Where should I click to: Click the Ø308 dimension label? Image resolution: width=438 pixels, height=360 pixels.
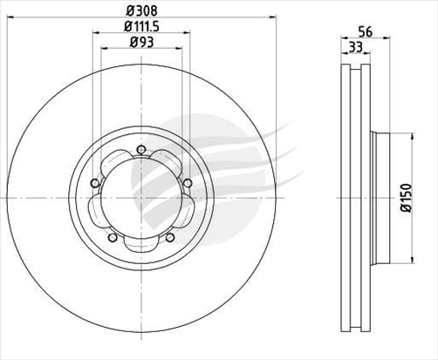tap(140, 9)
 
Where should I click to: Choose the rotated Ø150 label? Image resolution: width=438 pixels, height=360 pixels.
tap(406, 197)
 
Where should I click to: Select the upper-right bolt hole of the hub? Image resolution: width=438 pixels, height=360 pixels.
tap(187, 181)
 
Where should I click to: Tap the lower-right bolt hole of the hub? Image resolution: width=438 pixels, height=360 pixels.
tap(171, 236)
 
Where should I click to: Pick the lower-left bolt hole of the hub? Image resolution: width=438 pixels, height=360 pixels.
tap(111, 236)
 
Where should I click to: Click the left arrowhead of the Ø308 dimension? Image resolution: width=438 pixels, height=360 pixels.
tap(9, 16)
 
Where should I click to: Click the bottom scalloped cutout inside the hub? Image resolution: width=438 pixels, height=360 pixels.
tap(140, 246)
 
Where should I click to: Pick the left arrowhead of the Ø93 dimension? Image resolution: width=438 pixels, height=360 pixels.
tap(103, 48)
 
